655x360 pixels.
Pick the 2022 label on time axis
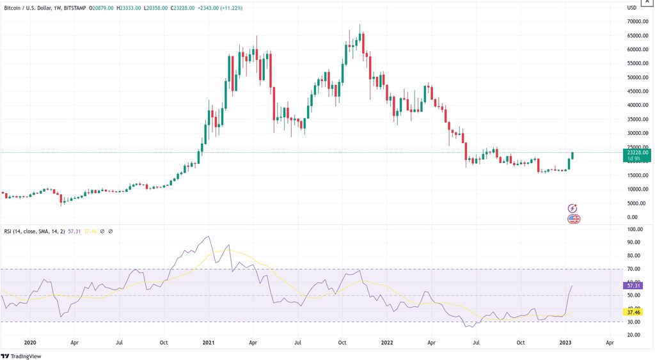pyautogui.click(x=388, y=342)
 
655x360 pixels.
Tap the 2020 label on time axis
pyautogui.click(x=30, y=342)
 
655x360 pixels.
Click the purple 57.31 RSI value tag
pyautogui.click(x=635, y=285)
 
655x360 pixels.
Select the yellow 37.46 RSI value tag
pyautogui.click(x=635, y=313)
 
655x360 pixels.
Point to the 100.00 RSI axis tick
pyautogui.click(x=635, y=229)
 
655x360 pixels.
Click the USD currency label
pyautogui.click(x=631, y=7)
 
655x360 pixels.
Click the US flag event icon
pyautogui.click(x=574, y=219)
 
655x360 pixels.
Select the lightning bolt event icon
pyautogui.click(x=572, y=208)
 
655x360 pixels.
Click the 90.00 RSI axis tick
pyautogui.click(x=635, y=242)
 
